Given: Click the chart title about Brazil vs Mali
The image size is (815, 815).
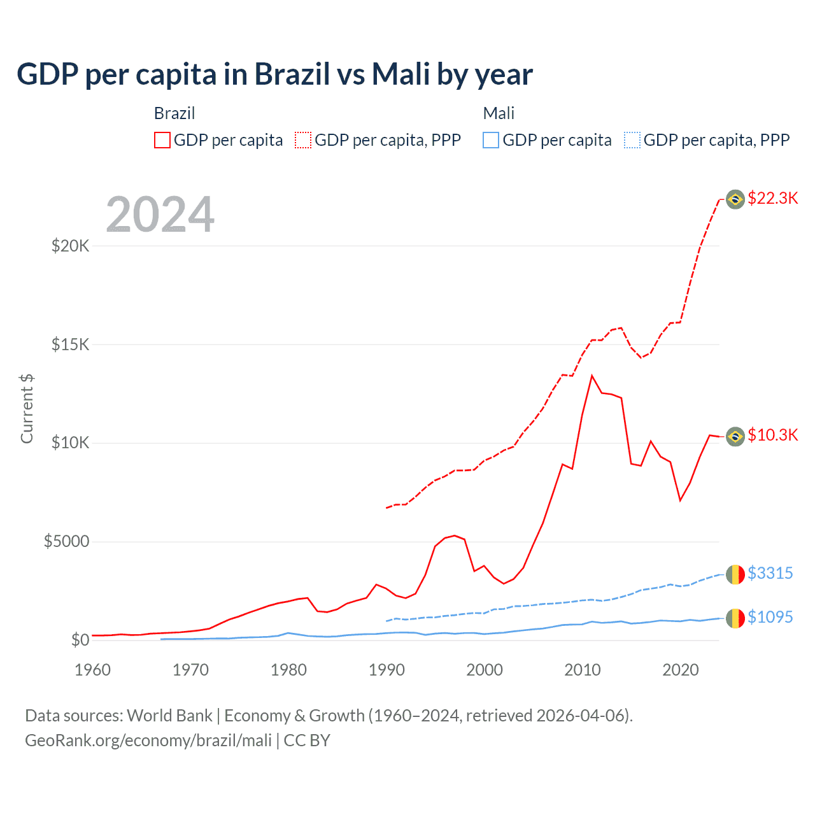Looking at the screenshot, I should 274,74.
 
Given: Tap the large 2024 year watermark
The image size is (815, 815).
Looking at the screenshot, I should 160,215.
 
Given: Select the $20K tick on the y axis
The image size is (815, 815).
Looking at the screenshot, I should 70,246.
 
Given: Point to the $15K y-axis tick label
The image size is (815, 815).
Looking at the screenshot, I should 70,344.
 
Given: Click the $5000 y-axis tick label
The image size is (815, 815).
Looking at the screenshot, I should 66,541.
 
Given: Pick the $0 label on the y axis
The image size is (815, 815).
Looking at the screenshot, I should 80,640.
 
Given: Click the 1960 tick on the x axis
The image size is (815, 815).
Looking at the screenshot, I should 92,670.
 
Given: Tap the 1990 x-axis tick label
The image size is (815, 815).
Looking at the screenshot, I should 386,670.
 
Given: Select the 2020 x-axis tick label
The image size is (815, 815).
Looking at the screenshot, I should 681,670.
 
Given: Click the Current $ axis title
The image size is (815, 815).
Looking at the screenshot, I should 27,408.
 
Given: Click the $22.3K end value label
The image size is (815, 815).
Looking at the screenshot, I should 772,198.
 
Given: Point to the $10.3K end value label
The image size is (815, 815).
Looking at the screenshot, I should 772,435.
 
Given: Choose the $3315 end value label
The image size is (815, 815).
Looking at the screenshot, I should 770,573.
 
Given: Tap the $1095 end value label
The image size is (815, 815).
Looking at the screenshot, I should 770,617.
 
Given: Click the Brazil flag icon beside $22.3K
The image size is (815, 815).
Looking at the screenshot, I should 735,199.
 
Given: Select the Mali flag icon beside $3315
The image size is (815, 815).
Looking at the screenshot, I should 735,574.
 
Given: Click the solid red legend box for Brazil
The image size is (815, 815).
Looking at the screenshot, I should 162,140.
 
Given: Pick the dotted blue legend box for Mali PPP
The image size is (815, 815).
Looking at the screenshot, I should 632,140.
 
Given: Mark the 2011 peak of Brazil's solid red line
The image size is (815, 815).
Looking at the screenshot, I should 592,376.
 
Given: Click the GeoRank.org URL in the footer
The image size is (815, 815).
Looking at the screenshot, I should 148,741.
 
